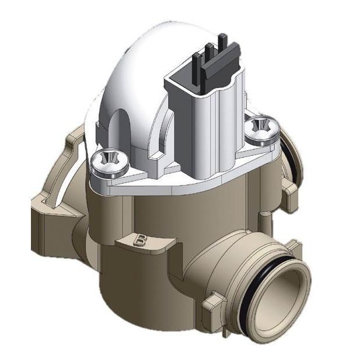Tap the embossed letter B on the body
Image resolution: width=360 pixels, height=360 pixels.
click(x=140, y=239)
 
